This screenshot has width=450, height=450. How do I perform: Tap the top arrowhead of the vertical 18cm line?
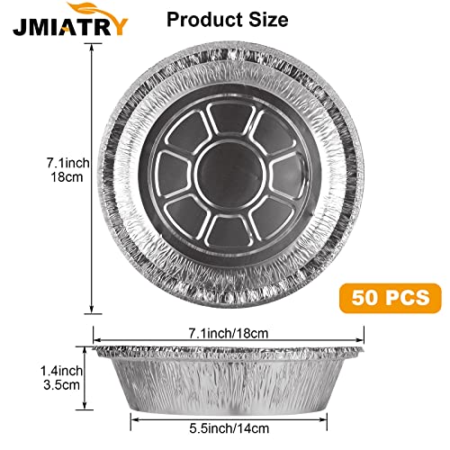click(x=92, y=47)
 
